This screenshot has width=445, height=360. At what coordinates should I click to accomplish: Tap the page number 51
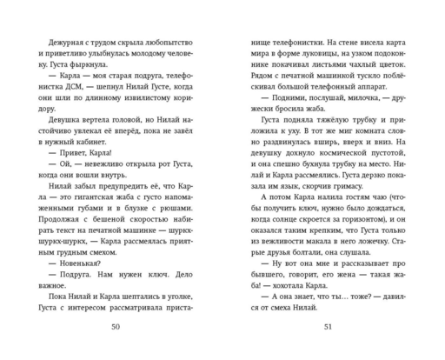pos(327,327)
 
